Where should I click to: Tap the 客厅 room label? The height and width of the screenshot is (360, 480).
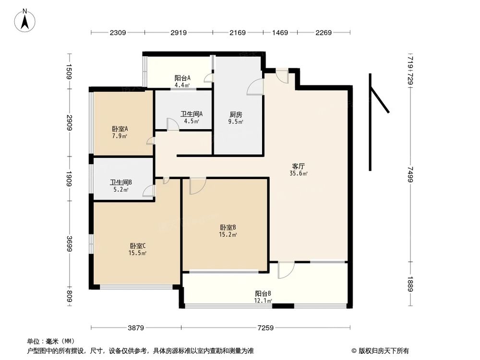coord(298,166)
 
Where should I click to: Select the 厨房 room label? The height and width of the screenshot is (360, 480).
coord(235,115)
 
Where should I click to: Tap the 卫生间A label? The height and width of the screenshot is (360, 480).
coord(192,114)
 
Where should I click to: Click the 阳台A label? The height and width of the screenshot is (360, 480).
coord(182,78)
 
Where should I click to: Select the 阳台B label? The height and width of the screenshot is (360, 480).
coord(264,293)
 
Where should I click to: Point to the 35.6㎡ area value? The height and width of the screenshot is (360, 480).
coord(299,174)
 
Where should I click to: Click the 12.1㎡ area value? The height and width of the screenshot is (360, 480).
coord(264,301)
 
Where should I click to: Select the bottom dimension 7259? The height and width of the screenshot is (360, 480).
coord(265,328)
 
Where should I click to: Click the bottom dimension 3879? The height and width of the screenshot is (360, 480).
coord(136,328)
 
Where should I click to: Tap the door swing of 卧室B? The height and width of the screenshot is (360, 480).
coord(197,186)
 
